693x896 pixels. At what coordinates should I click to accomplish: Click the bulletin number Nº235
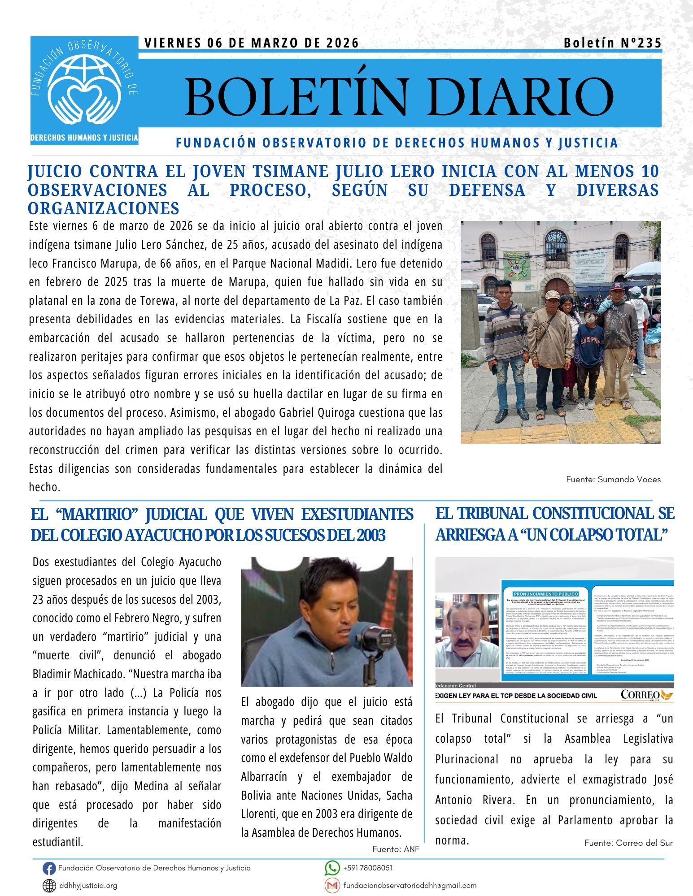pos(637,43)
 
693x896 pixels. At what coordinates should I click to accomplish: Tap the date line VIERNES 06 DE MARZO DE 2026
pos(252,43)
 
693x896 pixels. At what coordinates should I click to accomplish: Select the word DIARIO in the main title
pos(520,97)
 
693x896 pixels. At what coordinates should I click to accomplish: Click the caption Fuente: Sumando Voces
pos(613,479)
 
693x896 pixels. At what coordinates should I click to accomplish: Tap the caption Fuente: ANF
pos(396,849)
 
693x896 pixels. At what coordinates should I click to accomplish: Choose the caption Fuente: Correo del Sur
pos(628,843)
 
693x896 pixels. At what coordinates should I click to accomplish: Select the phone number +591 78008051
pos(367,868)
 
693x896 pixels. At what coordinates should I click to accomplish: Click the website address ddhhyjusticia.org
pos(88,885)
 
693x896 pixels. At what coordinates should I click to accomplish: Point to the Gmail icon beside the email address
pos(332,885)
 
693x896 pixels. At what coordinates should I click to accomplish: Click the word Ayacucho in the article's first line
pos(200,562)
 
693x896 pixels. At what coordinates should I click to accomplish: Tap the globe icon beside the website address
pos(49,886)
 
